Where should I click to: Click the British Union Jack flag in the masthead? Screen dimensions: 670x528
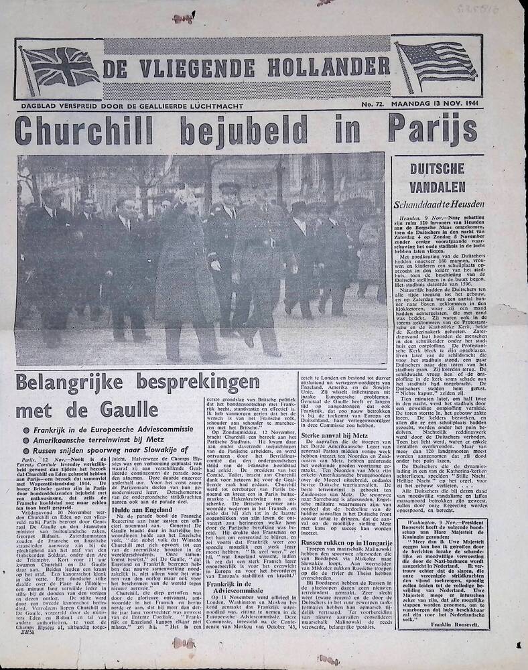[60, 69]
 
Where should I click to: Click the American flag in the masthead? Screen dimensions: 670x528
[436, 64]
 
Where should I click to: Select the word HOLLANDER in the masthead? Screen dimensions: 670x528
[327, 66]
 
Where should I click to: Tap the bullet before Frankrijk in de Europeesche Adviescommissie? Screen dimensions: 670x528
[27, 429]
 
